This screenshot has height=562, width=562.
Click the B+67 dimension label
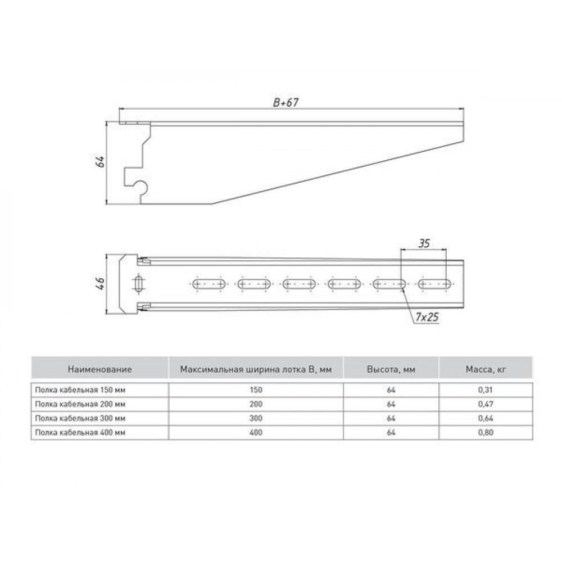tap(285, 102)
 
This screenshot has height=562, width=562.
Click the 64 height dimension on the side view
tap(101, 162)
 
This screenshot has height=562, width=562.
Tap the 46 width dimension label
tap(101, 283)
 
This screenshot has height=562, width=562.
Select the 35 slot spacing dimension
tap(424, 243)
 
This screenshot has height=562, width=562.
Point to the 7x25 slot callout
tap(427, 317)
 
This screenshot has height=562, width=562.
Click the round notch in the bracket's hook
tap(142, 187)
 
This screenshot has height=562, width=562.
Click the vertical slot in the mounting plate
tap(139, 284)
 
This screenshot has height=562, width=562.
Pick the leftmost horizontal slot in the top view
tap(209, 284)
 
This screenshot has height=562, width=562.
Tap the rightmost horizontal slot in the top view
tap(435, 284)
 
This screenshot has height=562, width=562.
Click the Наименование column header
tap(99, 369)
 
